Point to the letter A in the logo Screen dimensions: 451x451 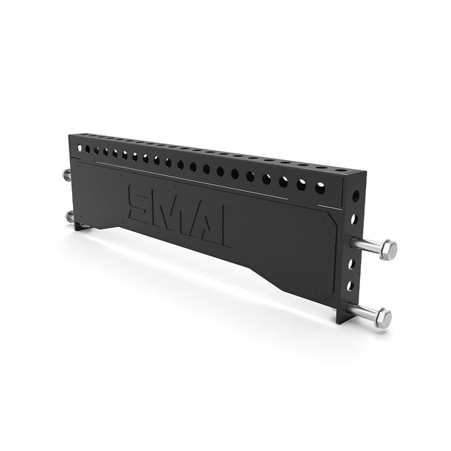point(200,214)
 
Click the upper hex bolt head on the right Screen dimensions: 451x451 point(388,249)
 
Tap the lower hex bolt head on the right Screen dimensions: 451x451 point(383,318)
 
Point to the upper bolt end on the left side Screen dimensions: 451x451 point(67,175)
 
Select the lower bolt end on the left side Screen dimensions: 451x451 point(70,217)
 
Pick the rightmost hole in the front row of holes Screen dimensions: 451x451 point(319,186)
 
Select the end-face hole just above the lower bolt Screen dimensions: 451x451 point(350,286)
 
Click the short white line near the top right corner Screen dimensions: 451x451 point(324,205)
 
